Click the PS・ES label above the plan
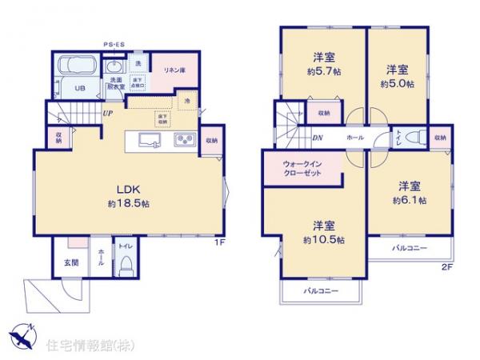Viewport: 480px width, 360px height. (113, 44)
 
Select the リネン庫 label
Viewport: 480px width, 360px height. (175, 71)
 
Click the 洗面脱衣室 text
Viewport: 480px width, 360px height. (115, 82)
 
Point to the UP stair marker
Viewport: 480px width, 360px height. (106, 114)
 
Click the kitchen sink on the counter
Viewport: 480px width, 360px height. (149, 141)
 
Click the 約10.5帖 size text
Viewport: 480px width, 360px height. (323, 239)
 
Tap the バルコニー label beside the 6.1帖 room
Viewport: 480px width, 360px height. (409, 248)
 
